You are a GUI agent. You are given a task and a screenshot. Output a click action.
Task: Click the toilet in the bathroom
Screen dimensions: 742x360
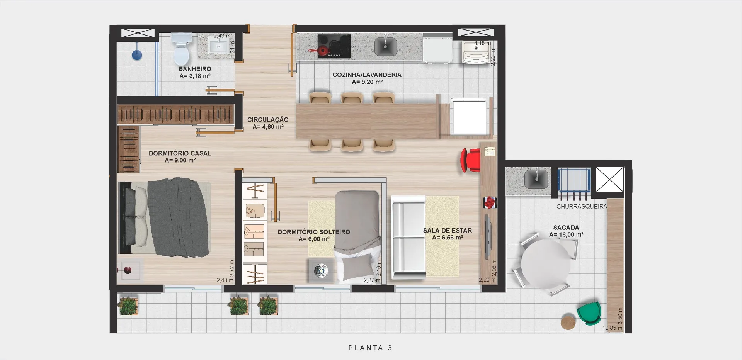pos(181,49)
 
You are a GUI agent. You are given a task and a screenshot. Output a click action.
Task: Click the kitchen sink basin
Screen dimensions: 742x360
pos(385,46)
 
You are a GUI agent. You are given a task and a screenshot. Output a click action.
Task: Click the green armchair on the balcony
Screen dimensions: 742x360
pos(589,313)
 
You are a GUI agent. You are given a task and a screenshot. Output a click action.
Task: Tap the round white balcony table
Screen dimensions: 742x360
pos(545,264)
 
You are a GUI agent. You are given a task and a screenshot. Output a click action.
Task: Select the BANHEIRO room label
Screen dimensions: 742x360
pos(195,69)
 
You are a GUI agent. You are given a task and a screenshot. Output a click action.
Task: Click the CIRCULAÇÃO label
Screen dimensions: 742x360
pos(268,120)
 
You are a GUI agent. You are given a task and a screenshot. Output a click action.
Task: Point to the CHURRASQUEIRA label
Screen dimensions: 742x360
pos(582,207)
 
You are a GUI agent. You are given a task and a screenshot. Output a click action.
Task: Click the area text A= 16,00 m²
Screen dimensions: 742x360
pos(566,234)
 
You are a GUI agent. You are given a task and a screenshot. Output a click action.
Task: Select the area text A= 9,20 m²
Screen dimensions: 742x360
pos(367,82)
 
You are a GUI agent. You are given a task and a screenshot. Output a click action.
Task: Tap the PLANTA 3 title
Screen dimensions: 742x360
pos(370,348)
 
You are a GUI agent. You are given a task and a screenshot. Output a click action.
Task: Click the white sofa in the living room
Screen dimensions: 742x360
pos(408,237)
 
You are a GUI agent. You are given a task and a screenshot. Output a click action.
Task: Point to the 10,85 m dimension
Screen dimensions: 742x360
pos(613,328)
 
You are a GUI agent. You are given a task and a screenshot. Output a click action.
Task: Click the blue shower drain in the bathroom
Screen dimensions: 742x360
pos(137,55)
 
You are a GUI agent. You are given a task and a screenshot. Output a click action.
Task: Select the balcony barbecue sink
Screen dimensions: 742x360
pos(536,179)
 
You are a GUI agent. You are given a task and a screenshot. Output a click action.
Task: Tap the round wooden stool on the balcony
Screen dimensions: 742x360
pos(568,322)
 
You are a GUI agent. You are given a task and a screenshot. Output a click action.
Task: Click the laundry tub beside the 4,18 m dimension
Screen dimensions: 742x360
pos(477,52)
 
